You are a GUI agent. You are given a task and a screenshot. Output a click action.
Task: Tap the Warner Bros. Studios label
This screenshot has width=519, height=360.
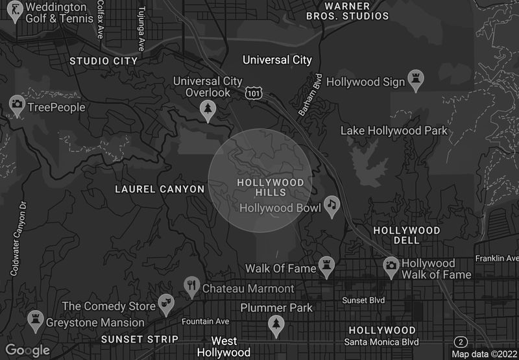point(347,10)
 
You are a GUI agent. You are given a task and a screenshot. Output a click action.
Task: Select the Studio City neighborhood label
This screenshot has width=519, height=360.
point(104,61)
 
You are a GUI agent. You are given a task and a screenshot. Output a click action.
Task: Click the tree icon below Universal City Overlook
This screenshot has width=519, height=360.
point(208,110)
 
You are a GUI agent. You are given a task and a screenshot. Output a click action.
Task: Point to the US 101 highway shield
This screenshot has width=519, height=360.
point(254,94)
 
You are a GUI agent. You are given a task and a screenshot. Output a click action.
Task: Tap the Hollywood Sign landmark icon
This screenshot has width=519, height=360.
point(415,80)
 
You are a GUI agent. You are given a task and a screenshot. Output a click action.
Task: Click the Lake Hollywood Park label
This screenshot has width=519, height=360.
point(394,131)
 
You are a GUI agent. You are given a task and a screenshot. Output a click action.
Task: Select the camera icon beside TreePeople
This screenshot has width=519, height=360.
point(17,104)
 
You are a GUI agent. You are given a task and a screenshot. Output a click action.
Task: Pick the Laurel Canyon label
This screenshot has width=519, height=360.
point(160,189)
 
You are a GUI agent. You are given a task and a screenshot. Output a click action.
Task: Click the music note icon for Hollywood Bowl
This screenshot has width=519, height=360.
point(332,206)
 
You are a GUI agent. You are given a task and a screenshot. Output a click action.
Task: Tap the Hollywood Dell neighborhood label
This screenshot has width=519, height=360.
point(407,235)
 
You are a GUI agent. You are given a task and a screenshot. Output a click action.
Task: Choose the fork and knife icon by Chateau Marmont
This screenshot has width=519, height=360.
point(191,285)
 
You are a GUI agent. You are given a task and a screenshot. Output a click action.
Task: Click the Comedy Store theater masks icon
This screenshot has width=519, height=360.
point(166,303)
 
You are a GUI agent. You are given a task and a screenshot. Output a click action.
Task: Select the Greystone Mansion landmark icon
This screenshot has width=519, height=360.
point(34,319)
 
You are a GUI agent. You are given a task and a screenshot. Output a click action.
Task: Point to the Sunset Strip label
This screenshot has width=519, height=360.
point(139,339)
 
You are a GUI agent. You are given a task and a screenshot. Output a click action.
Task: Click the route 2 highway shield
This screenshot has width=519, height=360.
point(461,342)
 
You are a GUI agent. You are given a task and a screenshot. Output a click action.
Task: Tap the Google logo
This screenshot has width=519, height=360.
point(28,350)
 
